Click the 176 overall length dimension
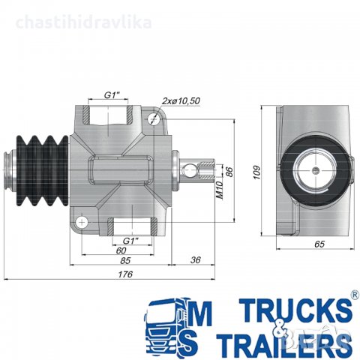point(125,274)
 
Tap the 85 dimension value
point(125,260)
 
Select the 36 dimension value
point(195,260)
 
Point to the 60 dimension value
point(121,250)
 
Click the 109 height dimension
point(256,172)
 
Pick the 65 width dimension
point(319,244)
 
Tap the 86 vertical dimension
point(229,172)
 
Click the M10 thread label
point(219,190)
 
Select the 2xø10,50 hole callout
point(181,101)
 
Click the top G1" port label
point(112,95)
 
